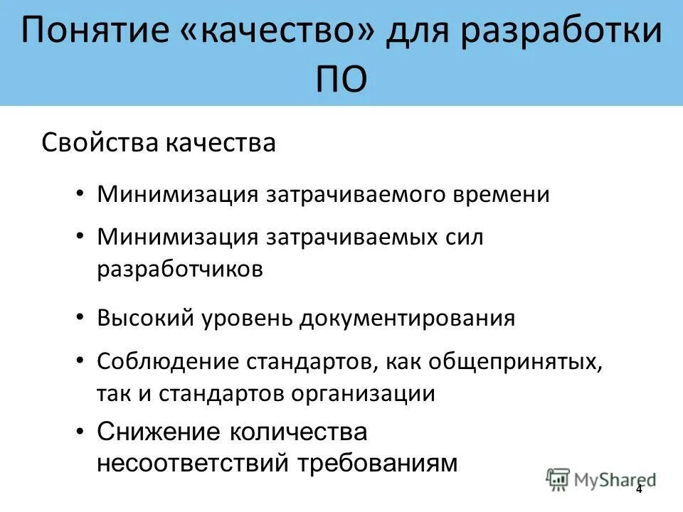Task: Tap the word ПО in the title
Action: (x=341, y=79)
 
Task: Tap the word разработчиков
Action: (x=181, y=269)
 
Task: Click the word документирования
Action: (x=407, y=317)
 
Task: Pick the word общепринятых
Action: (x=516, y=361)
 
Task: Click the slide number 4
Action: (x=638, y=489)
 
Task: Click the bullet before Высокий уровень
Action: (x=81, y=316)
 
